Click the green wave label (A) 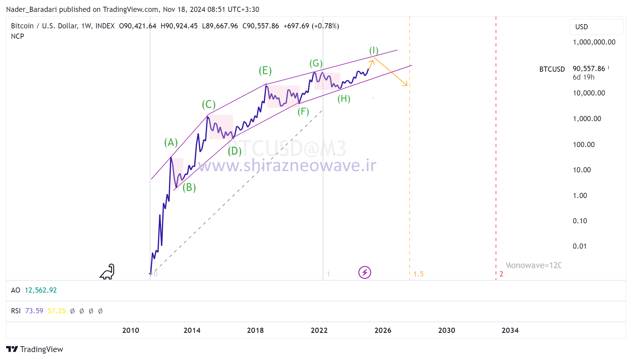tap(171, 142)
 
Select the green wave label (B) tap(189, 187)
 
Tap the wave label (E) tap(265, 71)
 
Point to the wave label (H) tap(344, 99)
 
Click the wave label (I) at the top tap(374, 51)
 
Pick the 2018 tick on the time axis tap(255, 330)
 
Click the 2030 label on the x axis tap(447, 330)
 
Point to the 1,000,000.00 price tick tap(594, 42)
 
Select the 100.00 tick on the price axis tap(584, 145)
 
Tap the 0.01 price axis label tap(580, 246)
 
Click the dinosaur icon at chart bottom tap(107, 272)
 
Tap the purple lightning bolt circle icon tap(364, 272)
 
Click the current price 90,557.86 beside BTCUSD tap(589, 69)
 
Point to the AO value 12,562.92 tap(41, 290)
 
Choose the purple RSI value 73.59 tap(34, 311)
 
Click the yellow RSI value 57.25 tap(56, 311)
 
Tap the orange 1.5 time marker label tap(418, 274)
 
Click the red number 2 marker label tap(501, 274)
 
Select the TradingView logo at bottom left tap(34, 349)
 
